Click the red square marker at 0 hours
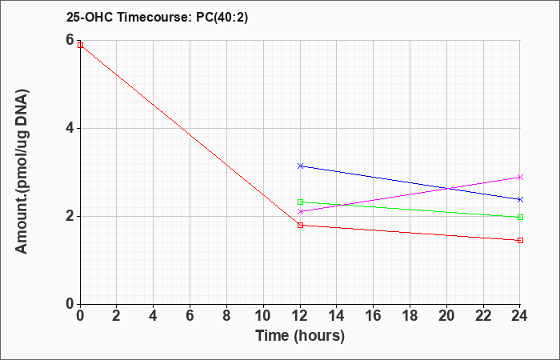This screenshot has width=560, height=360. pyautogui.click(x=80, y=45)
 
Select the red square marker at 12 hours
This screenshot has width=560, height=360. pyautogui.click(x=300, y=225)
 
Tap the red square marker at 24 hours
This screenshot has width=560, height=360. pyautogui.click(x=520, y=240)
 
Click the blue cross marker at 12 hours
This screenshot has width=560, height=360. pyautogui.click(x=300, y=166)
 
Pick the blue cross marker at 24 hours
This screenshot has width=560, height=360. pyautogui.click(x=520, y=199)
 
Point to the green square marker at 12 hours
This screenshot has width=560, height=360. pyautogui.click(x=300, y=202)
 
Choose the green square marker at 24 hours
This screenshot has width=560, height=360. pyautogui.click(x=520, y=217)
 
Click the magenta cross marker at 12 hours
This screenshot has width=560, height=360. pyautogui.click(x=300, y=211)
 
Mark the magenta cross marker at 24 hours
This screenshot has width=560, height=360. pyautogui.click(x=520, y=177)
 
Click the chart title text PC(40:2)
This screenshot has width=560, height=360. pyautogui.click(x=222, y=17)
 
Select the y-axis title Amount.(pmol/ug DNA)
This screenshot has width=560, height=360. pyautogui.click(x=22, y=171)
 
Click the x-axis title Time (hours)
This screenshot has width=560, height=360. pyautogui.click(x=300, y=336)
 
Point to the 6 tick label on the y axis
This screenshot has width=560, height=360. pyautogui.click(x=70, y=40)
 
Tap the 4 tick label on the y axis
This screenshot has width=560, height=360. pyautogui.click(x=70, y=128)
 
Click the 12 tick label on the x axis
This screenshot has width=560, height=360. pyautogui.click(x=300, y=316)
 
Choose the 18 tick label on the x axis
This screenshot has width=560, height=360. pyautogui.click(x=410, y=316)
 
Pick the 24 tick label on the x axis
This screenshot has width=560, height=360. pyautogui.click(x=520, y=316)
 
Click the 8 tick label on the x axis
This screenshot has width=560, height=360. pyautogui.click(x=226, y=316)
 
